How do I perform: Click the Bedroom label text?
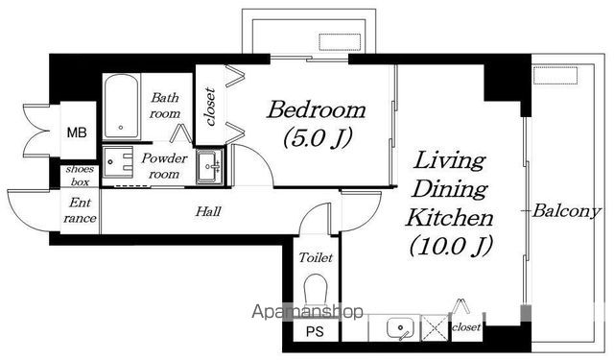click(316, 110)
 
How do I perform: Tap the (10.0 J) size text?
click(450, 246)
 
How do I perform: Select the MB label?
click(77, 132)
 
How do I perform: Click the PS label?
click(315, 332)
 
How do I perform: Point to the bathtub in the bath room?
click(122, 107)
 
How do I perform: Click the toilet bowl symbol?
click(316, 291)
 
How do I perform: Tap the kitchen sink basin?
click(400, 327)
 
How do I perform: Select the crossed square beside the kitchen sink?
click(435, 327)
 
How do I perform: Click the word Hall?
click(208, 211)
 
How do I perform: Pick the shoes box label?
click(80, 176)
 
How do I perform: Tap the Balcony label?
click(566, 211)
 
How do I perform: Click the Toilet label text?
click(316, 257)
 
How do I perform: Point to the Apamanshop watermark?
click(307, 312)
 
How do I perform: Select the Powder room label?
click(164, 166)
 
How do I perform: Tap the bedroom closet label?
click(211, 107)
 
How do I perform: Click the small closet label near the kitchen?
click(466, 326)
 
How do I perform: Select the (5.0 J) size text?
click(318, 137)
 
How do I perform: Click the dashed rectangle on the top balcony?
click(339, 42)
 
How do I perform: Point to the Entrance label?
click(80, 210)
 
